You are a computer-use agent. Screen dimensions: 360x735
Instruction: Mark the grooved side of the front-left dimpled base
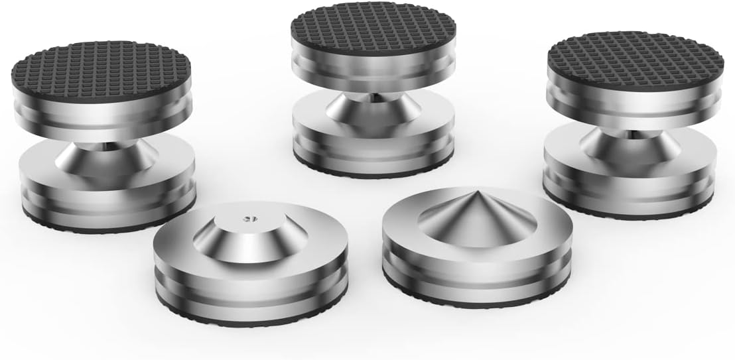click(252, 292)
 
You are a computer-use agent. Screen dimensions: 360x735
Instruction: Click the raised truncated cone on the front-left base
click(249, 232)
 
